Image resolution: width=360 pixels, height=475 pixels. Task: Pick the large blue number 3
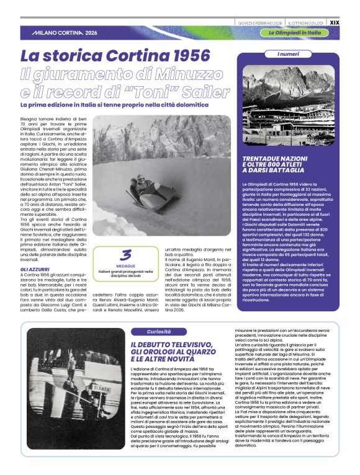pos(127,255)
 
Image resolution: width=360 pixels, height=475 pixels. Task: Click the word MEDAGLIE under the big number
pos(127,265)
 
